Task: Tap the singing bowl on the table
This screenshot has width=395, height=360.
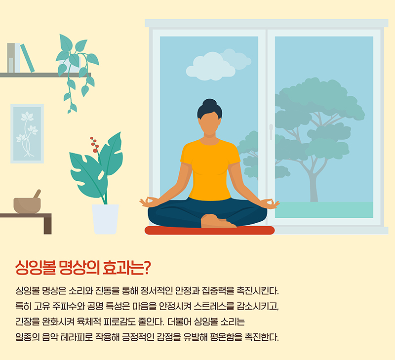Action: (x=27, y=205)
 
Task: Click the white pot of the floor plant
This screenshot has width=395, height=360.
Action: (x=105, y=219)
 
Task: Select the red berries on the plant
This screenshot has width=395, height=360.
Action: (x=95, y=145)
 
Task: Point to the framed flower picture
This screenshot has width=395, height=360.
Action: (x=27, y=134)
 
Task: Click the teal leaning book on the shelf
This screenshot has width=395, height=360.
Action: (x=27, y=58)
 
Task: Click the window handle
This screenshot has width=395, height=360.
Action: (x=271, y=132)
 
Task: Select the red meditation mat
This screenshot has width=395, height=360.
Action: (x=209, y=230)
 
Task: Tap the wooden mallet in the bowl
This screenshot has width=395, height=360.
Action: (x=37, y=194)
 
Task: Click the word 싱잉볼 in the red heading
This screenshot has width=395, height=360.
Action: (x=36, y=267)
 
